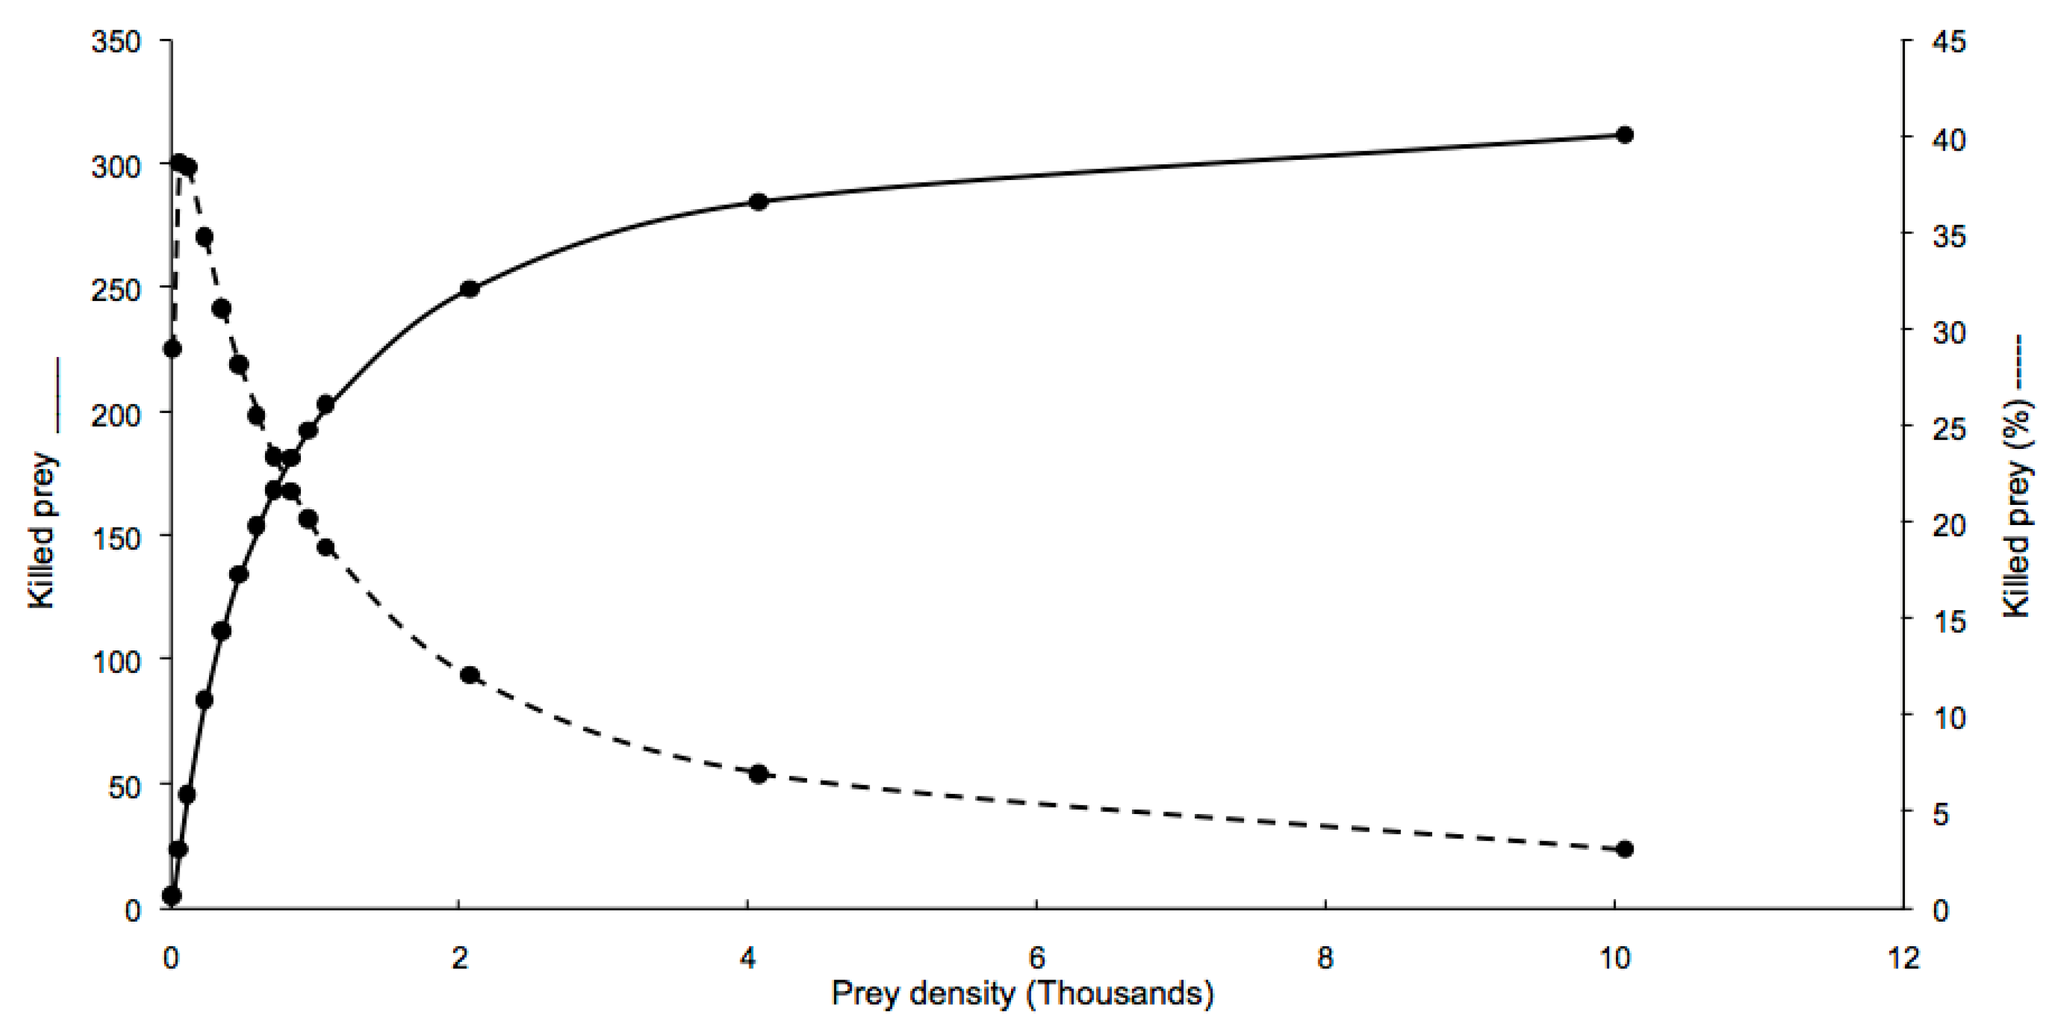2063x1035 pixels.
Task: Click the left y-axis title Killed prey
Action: (x=42, y=530)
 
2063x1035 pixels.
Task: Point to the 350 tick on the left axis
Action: (x=116, y=41)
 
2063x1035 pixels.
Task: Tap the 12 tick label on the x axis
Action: (x=1903, y=958)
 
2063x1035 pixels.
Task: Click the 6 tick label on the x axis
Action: (x=1036, y=958)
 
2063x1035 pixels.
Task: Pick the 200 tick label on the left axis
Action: (x=116, y=415)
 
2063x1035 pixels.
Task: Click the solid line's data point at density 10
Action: (x=1624, y=135)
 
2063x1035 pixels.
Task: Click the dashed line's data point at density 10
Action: (x=1624, y=849)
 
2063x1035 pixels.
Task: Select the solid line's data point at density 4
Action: (x=759, y=202)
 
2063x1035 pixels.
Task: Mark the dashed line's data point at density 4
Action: (x=759, y=774)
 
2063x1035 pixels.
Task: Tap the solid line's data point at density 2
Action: (x=470, y=289)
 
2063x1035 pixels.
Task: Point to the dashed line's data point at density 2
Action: (x=470, y=676)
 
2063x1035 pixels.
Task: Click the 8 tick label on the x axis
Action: (x=1325, y=958)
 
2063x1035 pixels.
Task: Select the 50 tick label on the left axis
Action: (x=124, y=788)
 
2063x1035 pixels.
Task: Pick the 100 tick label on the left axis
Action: (x=116, y=662)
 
